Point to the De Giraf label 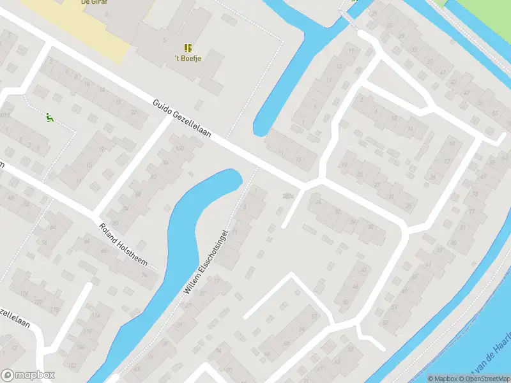click(93, 3)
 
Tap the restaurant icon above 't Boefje click(188, 49)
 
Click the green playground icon click(49, 117)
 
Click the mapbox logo click(28, 375)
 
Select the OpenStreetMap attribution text click(484, 379)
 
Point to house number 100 click(179, 149)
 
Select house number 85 click(454, 243)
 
